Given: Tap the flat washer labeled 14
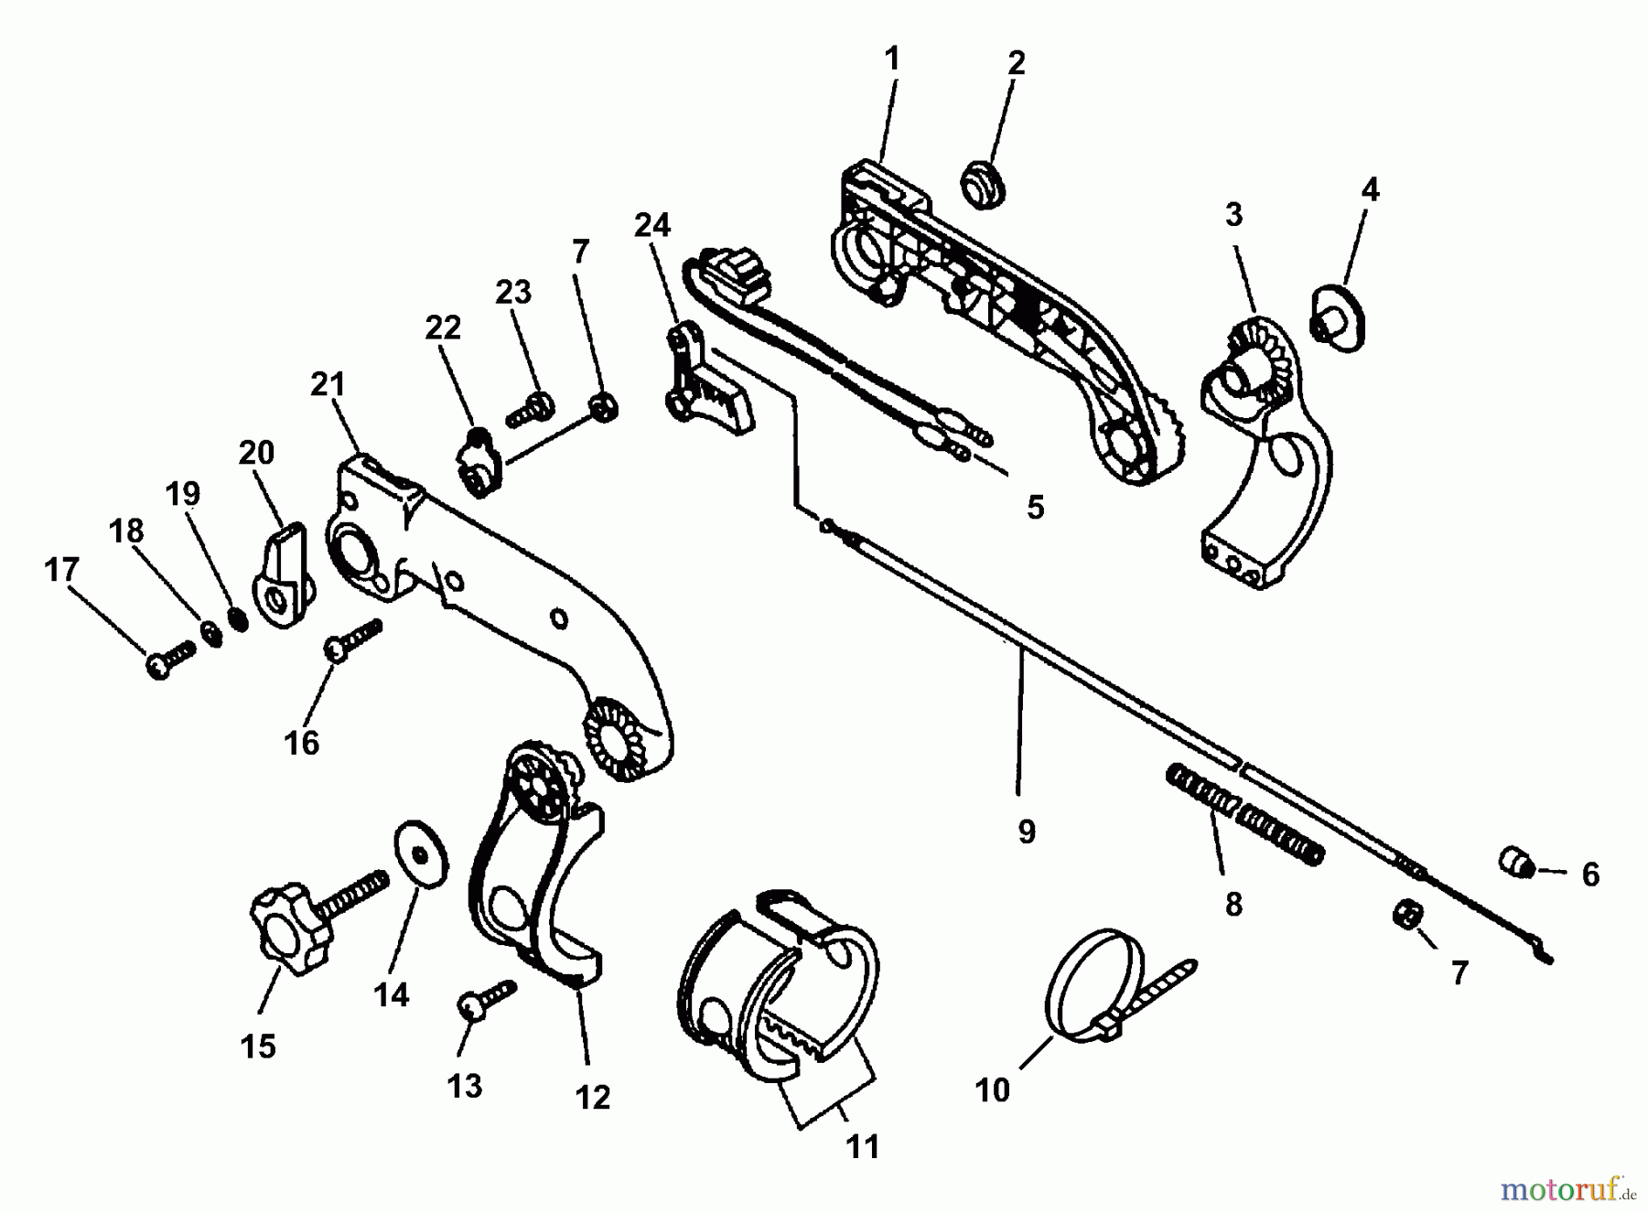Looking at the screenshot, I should click(422, 853).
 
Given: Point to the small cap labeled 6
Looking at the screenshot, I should click(1515, 862).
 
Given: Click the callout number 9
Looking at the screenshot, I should click(1026, 832).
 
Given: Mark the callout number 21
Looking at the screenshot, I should click(328, 385).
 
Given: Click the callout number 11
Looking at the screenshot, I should click(863, 1146).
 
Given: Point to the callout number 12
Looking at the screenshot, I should click(593, 1096).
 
